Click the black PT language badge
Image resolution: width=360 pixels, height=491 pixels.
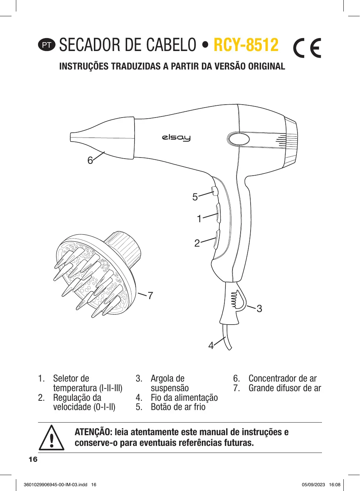tap(47, 45)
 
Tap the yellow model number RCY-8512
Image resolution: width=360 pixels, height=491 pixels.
tap(246, 45)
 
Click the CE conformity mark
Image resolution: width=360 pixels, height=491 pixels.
tap(307, 48)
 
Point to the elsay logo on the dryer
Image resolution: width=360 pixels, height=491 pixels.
tap(176, 138)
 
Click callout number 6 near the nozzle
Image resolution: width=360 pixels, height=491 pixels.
tap(90, 160)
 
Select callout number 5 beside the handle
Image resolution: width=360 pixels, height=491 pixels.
tap(195, 197)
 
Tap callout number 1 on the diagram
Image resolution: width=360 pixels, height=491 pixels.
tap(199, 219)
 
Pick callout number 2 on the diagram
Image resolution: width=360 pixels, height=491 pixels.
tap(197, 243)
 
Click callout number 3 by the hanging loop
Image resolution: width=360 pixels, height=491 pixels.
tap(259, 309)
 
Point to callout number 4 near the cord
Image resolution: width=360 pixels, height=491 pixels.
tap(211, 346)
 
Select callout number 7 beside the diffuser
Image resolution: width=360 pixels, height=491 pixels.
tap(150, 296)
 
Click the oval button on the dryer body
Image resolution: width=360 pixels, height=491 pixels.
tap(238, 139)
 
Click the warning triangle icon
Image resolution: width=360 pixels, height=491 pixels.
tap(52, 438)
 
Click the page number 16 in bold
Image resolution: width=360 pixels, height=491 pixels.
tap(33, 459)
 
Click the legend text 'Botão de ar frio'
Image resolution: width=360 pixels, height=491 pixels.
tap(178, 407)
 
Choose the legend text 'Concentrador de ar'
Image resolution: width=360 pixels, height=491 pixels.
tap(282, 379)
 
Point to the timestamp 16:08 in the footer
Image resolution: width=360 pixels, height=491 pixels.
tap(334, 485)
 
